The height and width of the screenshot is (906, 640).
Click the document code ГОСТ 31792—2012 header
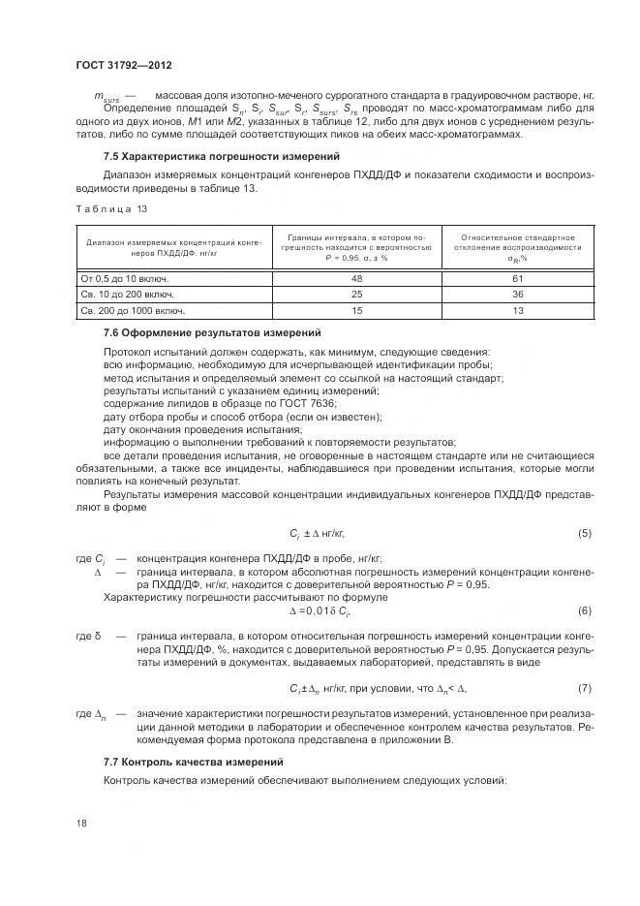[x=123, y=64]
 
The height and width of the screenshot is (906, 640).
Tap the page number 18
[x=81, y=823]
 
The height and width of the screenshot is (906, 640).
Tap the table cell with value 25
[x=356, y=294]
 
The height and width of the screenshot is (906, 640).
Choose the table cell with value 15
[x=356, y=311]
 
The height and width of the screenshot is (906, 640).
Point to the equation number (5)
[x=584, y=533]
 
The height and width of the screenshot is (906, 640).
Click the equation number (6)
[x=584, y=610]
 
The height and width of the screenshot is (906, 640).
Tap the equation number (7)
[x=584, y=688]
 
